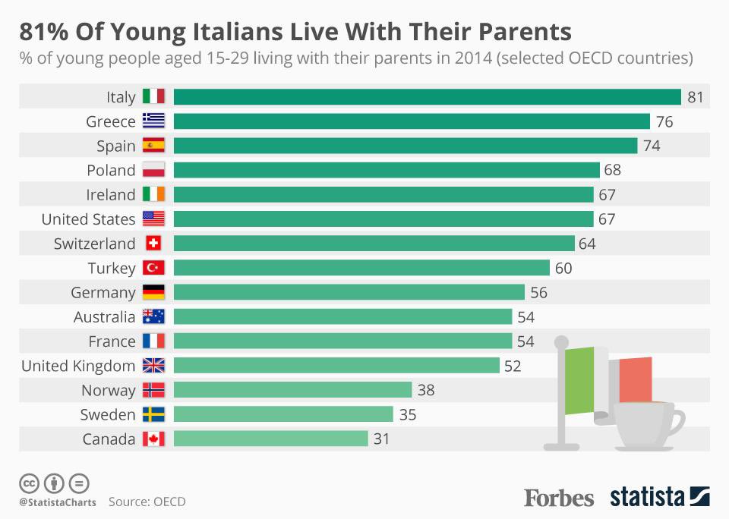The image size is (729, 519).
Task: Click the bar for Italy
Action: (x=427, y=97)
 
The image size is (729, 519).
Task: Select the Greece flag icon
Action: (x=153, y=121)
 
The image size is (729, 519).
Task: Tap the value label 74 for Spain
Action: (x=652, y=146)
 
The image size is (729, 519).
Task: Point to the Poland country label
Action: (x=111, y=170)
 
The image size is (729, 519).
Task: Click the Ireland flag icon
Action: (x=153, y=194)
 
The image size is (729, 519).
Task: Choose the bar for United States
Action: (x=383, y=219)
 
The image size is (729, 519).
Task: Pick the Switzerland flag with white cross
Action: (x=153, y=244)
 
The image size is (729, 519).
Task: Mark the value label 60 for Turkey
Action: (x=563, y=268)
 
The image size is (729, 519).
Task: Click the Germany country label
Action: (x=103, y=292)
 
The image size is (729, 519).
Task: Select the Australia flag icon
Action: (x=153, y=316)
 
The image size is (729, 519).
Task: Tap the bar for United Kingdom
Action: (x=336, y=366)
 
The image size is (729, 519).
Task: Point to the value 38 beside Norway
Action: (x=425, y=390)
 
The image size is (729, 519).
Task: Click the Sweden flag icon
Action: (x=153, y=414)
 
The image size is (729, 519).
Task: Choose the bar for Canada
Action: (x=271, y=439)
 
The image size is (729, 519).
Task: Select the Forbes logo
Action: (x=559, y=498)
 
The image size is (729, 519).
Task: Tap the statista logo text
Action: (x=645, y=498)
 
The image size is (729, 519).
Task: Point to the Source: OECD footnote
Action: (x=147, y=502)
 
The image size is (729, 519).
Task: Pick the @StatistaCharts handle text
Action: (x=58, y=502)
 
